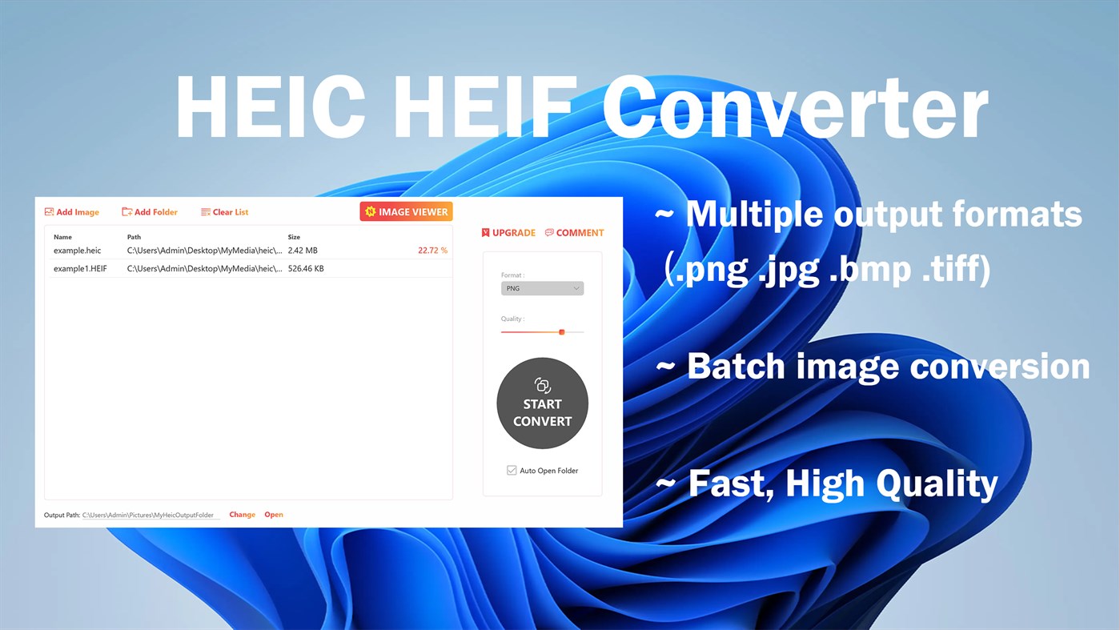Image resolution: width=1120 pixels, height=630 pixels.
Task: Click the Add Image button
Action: pos(72,212)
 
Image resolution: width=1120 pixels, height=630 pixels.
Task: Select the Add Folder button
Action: pos(150,212)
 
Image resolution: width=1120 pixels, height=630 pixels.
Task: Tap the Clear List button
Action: pos(225,212)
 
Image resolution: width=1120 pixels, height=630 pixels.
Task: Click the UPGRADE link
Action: pos(508,233)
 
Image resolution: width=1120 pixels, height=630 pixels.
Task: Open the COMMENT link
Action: pos(574,233)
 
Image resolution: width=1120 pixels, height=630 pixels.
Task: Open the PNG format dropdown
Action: pos(542,288)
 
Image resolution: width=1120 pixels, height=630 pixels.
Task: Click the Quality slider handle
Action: pos(562,331)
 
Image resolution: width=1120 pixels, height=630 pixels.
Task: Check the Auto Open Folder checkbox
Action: pos(512,471)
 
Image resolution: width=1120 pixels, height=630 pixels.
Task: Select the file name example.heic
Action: pos(77,251)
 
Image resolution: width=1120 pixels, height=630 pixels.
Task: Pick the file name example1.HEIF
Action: pos(80,269)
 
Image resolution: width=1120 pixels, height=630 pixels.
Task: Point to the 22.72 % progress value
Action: pos(432,251)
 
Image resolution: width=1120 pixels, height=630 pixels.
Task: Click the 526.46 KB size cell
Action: pos(306,269)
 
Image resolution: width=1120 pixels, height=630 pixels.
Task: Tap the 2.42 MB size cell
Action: pos(303,251)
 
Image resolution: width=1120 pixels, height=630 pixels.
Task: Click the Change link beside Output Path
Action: pos(242,515)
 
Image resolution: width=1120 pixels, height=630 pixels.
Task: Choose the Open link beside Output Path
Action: pos(274,515)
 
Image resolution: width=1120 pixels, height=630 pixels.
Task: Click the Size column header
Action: pos(294,237)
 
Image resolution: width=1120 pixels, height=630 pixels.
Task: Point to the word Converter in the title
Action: pos(794,108)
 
